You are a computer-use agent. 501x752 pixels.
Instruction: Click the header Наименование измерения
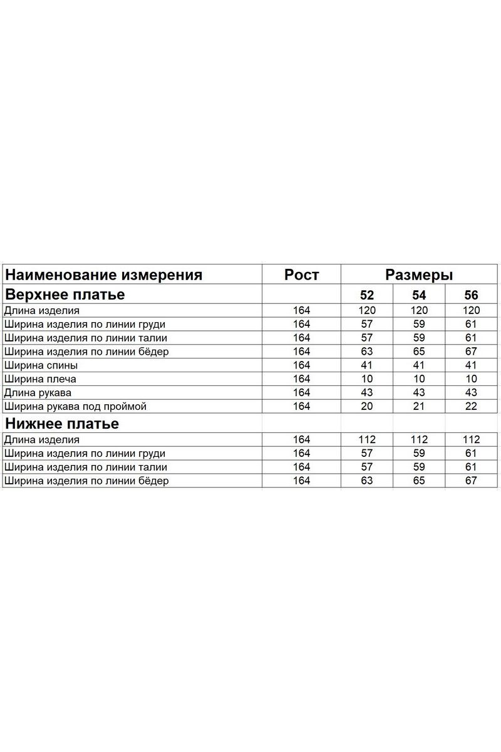[x=104, y=274]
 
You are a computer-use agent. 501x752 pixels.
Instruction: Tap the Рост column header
[x=301, y=274]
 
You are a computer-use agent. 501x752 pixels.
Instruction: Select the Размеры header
[x=419, y=274]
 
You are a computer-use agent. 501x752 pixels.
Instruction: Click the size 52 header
[x=367, y=295]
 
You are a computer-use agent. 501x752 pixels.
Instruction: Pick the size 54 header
[x=419, y=295]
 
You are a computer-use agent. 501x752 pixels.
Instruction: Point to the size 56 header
[x=471, y=295]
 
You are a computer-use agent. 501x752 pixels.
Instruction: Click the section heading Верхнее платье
[x=65, y=295]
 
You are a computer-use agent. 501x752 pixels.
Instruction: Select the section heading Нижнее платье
[x=62, y=424]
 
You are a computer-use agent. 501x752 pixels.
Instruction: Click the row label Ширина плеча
[x=40, y=379]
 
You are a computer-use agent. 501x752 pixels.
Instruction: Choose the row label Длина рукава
[x=38, y=393]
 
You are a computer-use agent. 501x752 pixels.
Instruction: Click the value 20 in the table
[x=367, y=407]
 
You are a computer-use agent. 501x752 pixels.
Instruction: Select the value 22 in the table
[x=471, y=407]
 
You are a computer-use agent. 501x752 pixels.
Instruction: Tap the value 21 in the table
[x=419, y=407]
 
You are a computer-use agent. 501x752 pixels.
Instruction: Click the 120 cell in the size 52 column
[x=367, y=310]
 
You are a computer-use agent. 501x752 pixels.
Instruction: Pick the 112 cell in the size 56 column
[x=471, y=439]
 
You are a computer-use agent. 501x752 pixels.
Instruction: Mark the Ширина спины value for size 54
[x=419, y=365]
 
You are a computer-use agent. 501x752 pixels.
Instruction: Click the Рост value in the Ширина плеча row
[x=301, y=379]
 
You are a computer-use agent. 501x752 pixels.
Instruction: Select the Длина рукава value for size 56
[x=471, y=393]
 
